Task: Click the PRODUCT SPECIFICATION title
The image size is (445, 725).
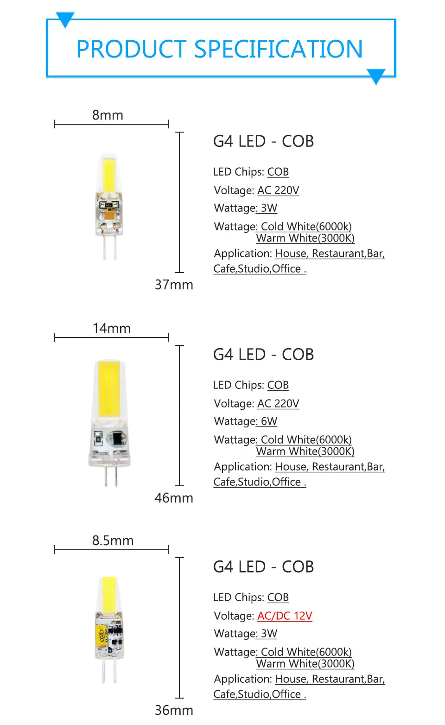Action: click(219, 49)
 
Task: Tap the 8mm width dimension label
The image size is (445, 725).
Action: click(108, 115)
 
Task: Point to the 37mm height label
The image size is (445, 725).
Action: click(174, 285)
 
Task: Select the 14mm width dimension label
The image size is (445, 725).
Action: click(111, 328)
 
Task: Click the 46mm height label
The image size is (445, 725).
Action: click(174, 498)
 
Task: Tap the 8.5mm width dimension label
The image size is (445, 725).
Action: click(113, 541)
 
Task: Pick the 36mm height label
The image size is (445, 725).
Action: click(174, 710)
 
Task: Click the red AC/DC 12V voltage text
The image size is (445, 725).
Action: click(285, 616)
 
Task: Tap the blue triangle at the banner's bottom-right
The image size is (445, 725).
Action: click(376, 76)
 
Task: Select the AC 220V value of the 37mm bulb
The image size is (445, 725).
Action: click(278, 190)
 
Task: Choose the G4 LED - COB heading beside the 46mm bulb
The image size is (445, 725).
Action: click(263, 355)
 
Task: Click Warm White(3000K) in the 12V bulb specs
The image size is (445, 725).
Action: click(305, 663)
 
